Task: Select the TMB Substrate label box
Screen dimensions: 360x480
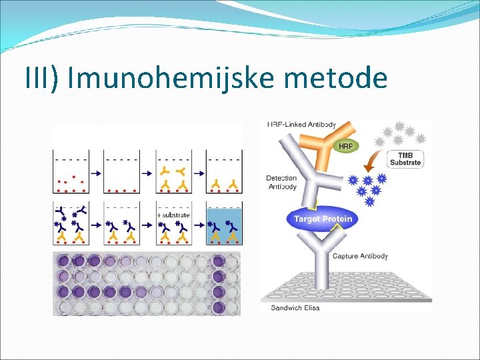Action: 405,159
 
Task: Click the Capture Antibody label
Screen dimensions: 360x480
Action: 359,256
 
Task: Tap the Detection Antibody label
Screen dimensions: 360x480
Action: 281,182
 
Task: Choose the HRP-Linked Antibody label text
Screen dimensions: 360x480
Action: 301,125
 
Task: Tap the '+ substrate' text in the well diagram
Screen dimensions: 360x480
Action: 173,215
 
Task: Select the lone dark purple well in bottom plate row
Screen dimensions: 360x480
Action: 218,307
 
